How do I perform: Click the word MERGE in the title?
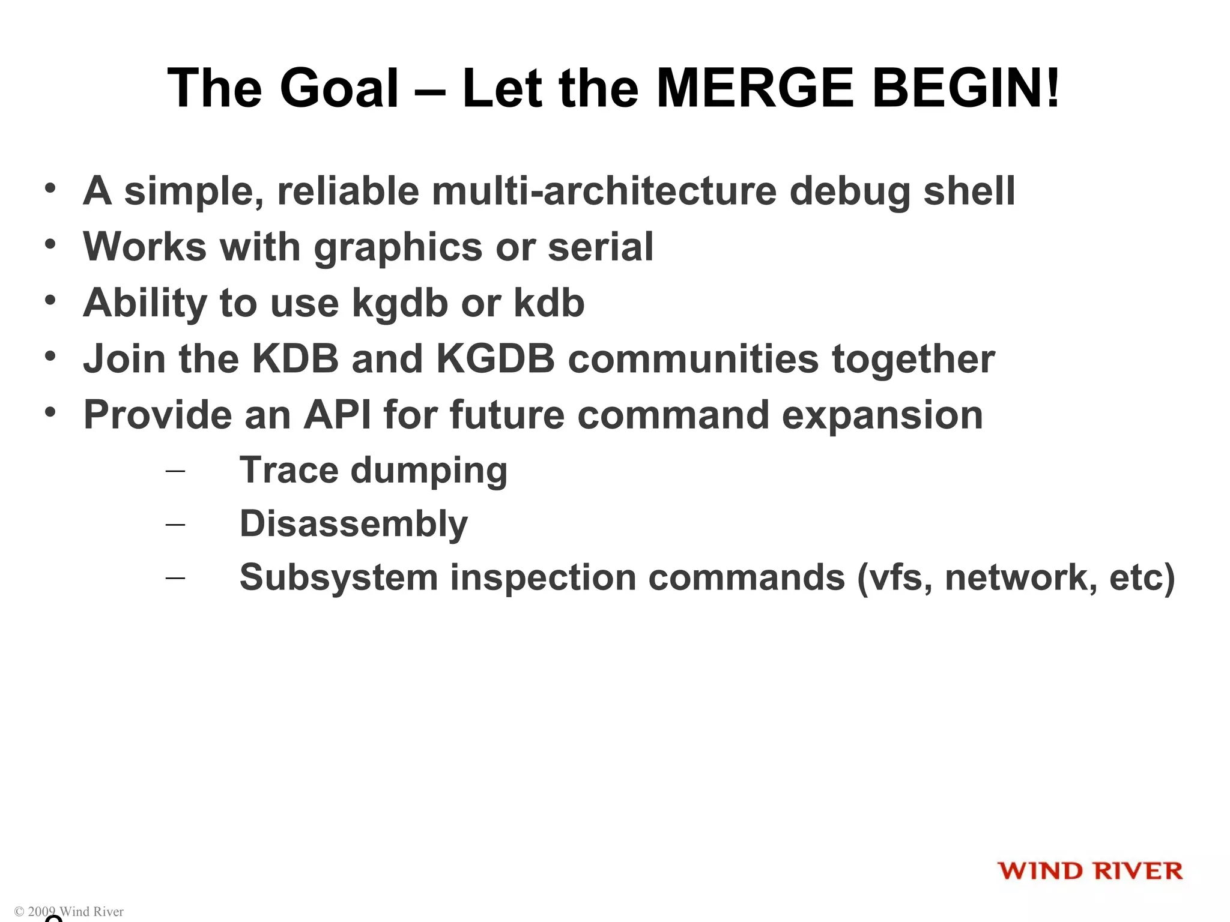(755, 88)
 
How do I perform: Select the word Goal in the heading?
(339, 88)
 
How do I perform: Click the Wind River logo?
(1089, 870)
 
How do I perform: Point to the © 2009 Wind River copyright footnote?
(68, 911)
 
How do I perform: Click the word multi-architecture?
(604, 191)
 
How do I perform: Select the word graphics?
(398, 247)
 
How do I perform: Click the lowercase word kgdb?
(399, 303)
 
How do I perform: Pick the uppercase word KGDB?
(495, 358)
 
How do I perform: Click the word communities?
(693, 358)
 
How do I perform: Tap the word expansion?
(882, 415)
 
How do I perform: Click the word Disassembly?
(353, 523)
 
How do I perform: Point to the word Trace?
(288, 469)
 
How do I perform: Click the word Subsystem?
(339, 577)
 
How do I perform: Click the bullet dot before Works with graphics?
(50, 244)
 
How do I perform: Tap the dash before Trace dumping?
(175, 471)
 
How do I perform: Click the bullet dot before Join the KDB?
(50, 356)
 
